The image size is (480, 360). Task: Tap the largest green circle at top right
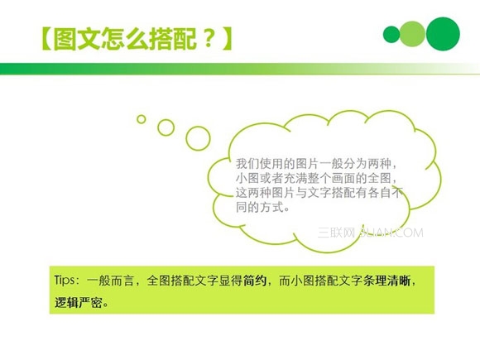(443, 33)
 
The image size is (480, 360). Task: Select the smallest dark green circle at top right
(391, 34)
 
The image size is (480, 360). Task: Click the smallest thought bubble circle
(142, 119)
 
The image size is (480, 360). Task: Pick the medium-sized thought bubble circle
(166, 127)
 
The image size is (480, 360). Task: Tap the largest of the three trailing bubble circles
(198, 138)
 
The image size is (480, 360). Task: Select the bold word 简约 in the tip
(255, 281)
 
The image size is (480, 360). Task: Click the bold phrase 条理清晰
(386, 281)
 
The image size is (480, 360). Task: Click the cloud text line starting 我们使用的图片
(318, 163)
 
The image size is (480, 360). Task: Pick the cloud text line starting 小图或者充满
(318, 178)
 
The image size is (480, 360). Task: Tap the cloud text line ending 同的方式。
(263, 208)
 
